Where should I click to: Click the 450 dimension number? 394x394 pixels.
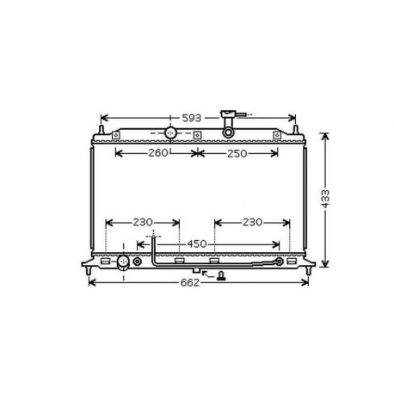pos(197,244)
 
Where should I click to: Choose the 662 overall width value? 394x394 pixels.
pos(190,283)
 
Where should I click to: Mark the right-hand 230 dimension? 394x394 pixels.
pos(251,223)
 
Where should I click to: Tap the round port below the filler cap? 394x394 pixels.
pos(229,132)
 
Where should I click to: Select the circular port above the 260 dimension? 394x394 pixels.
pos(170,133)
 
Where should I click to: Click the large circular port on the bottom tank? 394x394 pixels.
pos(124,262)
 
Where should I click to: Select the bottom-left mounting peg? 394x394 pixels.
pos(90,273)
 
